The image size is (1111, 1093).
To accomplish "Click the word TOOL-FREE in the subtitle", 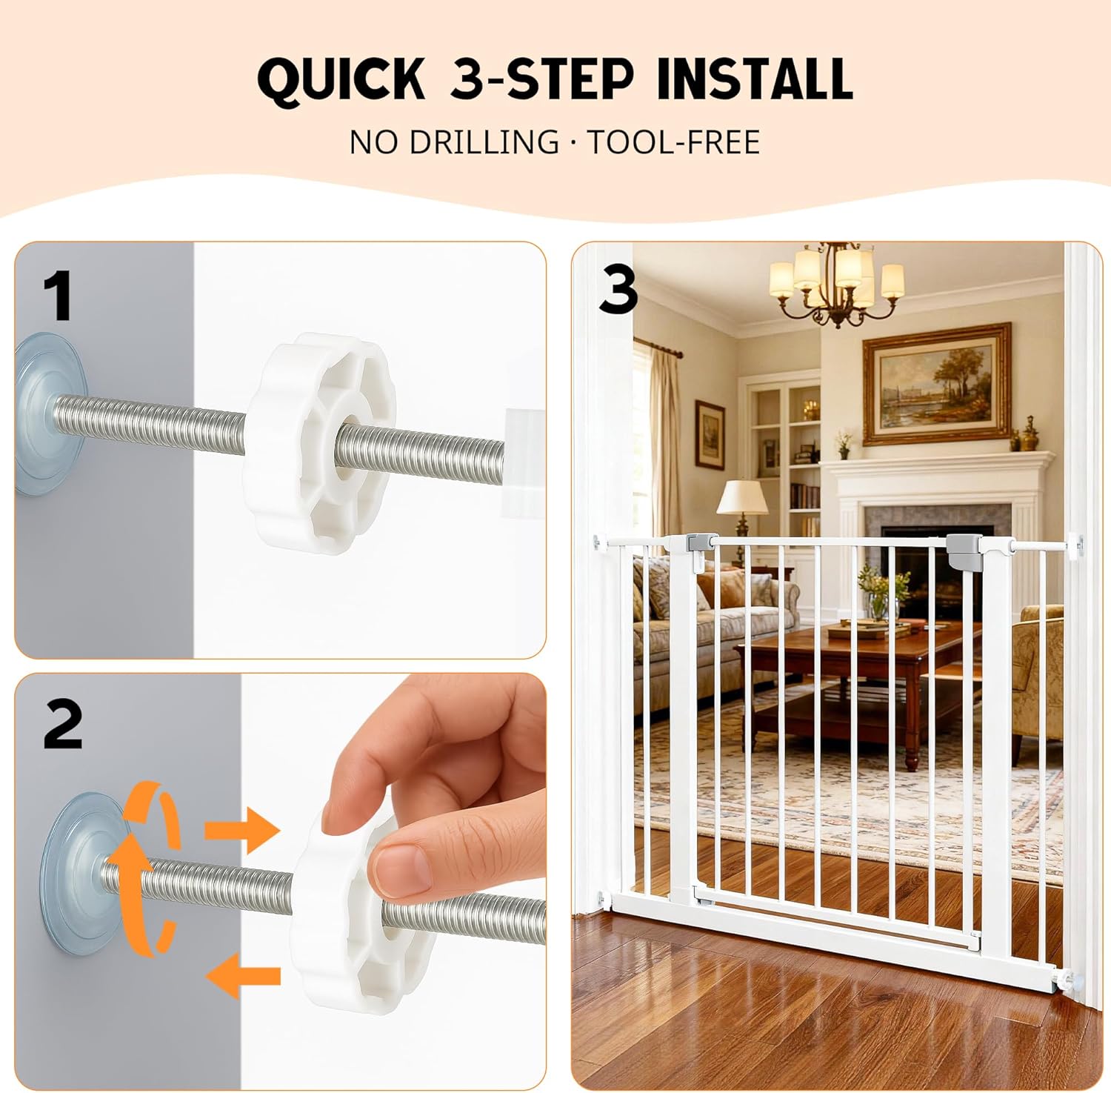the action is tap(674, 142).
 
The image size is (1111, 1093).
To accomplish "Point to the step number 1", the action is tap(58, 296).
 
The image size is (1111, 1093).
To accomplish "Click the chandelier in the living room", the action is tap(837, 285).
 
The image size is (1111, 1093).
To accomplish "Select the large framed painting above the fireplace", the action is tap(937, 384).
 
